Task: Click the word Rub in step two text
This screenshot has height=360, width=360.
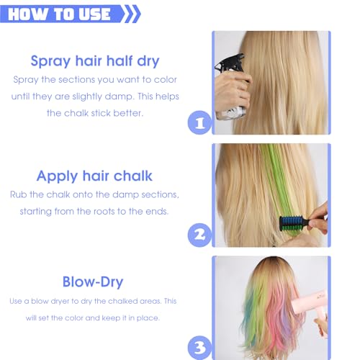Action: point(19,194)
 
